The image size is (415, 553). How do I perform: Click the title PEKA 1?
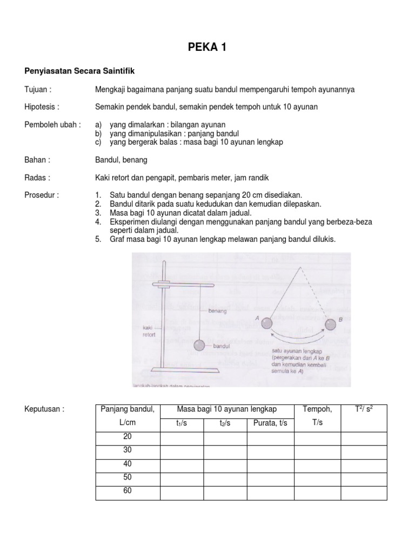click(x=207, y=48)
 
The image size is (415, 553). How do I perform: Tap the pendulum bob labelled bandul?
click(x=199, y=345)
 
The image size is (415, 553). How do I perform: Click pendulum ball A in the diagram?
click(x=267, y=323)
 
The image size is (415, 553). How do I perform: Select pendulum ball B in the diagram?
click(x=331, y=324)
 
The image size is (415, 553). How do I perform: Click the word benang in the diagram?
click(x=217, y=311)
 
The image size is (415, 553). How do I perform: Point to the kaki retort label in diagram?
click(x=150, y=331)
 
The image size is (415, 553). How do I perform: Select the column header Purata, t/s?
click(x=270, y=423)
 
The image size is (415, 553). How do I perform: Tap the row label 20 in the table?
click(x=128, y=436)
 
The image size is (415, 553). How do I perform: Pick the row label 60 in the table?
click(x=128, y=491)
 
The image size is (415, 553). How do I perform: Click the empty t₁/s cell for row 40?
click(x=181, y=464)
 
